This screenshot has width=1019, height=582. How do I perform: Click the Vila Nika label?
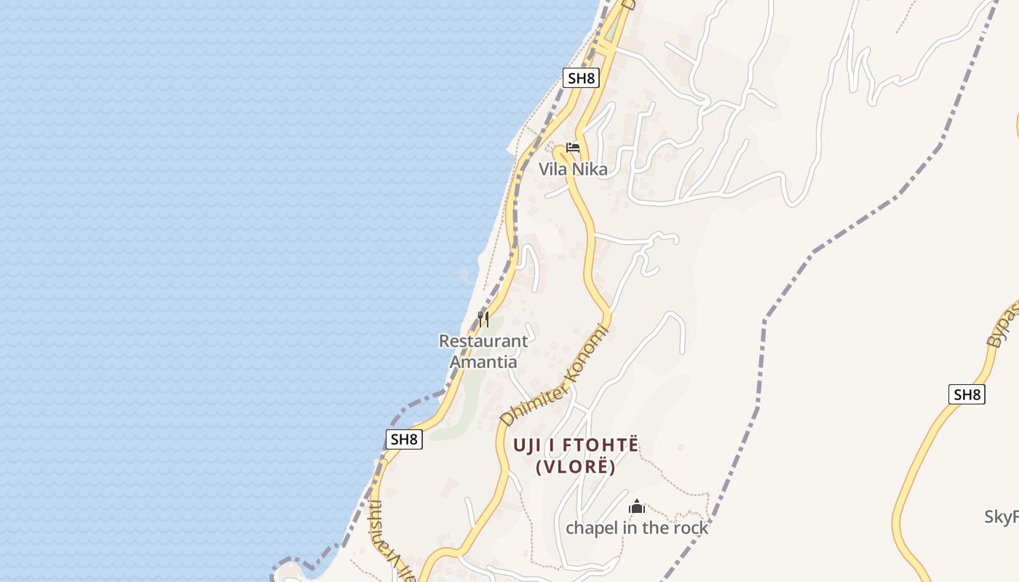pos(573,170)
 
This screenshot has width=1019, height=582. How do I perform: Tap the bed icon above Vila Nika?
pos(573,148)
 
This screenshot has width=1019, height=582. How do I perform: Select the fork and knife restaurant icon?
pos(483,319)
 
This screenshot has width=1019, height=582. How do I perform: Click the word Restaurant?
pos(483,341)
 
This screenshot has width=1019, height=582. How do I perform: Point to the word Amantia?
pos(483,362)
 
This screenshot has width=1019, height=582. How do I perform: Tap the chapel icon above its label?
pos(638,506)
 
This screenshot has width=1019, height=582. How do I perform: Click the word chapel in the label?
pos(590,528)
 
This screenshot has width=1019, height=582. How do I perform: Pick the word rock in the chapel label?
pos(689,528)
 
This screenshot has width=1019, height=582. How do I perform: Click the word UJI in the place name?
pos(529,445)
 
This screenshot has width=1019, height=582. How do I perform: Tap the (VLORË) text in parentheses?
pos(576,467)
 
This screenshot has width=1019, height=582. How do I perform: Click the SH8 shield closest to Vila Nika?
pos(581,79)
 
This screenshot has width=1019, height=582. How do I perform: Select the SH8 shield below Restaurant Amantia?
pos(404,439)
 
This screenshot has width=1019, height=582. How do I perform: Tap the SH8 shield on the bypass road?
pos(967,395)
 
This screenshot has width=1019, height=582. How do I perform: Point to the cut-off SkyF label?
pos(1002,517)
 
